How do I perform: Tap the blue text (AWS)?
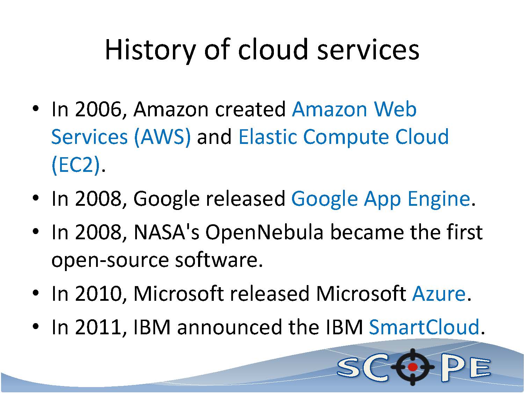pos(162,137)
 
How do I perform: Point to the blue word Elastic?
pos(268,137)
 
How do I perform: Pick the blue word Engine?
pos(439,199)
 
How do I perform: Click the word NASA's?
pos(166,232)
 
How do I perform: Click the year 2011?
pos(98,327)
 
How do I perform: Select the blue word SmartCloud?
pos(424,327)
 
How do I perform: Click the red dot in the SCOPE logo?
pos(413,367)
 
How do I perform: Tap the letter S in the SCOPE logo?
pos(349,368)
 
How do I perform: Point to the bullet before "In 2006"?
pos(36,109)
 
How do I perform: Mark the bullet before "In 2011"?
pos(36,326)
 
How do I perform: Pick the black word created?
pos(250,109)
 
